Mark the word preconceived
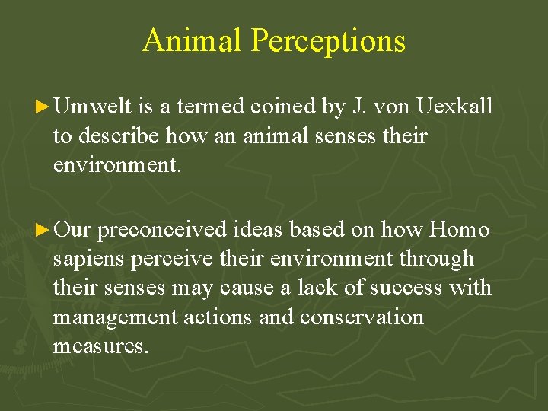point(162,229)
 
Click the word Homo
point(459,229)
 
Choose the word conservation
point(362,317)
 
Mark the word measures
point(100,346)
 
